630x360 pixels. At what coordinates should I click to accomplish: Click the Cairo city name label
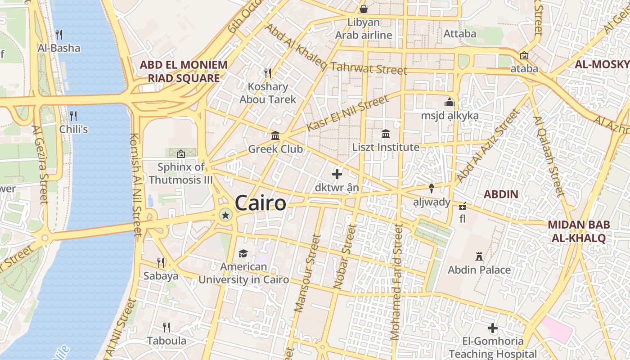(x=260, y=203)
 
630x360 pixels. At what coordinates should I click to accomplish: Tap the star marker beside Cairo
(x=225, y=216)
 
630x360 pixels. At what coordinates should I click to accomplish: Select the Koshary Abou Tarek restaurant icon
(x=268, y=72)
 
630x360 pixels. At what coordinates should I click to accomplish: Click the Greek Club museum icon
(x=275, y=135)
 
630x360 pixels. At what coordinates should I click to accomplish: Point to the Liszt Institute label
(x=386, y=147)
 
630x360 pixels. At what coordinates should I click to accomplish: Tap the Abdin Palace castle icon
(x=479, y=256)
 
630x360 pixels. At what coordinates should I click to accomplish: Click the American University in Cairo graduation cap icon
(x=243, y=253)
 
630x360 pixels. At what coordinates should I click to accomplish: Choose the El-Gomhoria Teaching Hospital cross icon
(x=493, y=328)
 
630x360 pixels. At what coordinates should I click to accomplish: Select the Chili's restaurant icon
(x=73, y=116)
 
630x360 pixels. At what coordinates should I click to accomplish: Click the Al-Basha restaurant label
(x=59, y=48)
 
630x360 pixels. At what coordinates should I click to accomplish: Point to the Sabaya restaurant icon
(x=161, y=262)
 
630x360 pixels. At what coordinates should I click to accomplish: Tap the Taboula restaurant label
(x=166, y=341)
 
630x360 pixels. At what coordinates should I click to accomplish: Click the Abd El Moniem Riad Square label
(x=184, y=72)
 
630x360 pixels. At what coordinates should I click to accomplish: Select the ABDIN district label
(x=501, y=194)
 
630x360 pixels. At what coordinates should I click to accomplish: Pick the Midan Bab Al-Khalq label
(x=578, y=231)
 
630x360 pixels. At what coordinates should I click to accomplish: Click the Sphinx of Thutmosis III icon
(x=181, y=154)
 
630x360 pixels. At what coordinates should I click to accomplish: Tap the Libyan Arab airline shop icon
(x=363, y=9)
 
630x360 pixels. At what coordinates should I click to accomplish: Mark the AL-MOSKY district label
(x=602, y=64)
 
